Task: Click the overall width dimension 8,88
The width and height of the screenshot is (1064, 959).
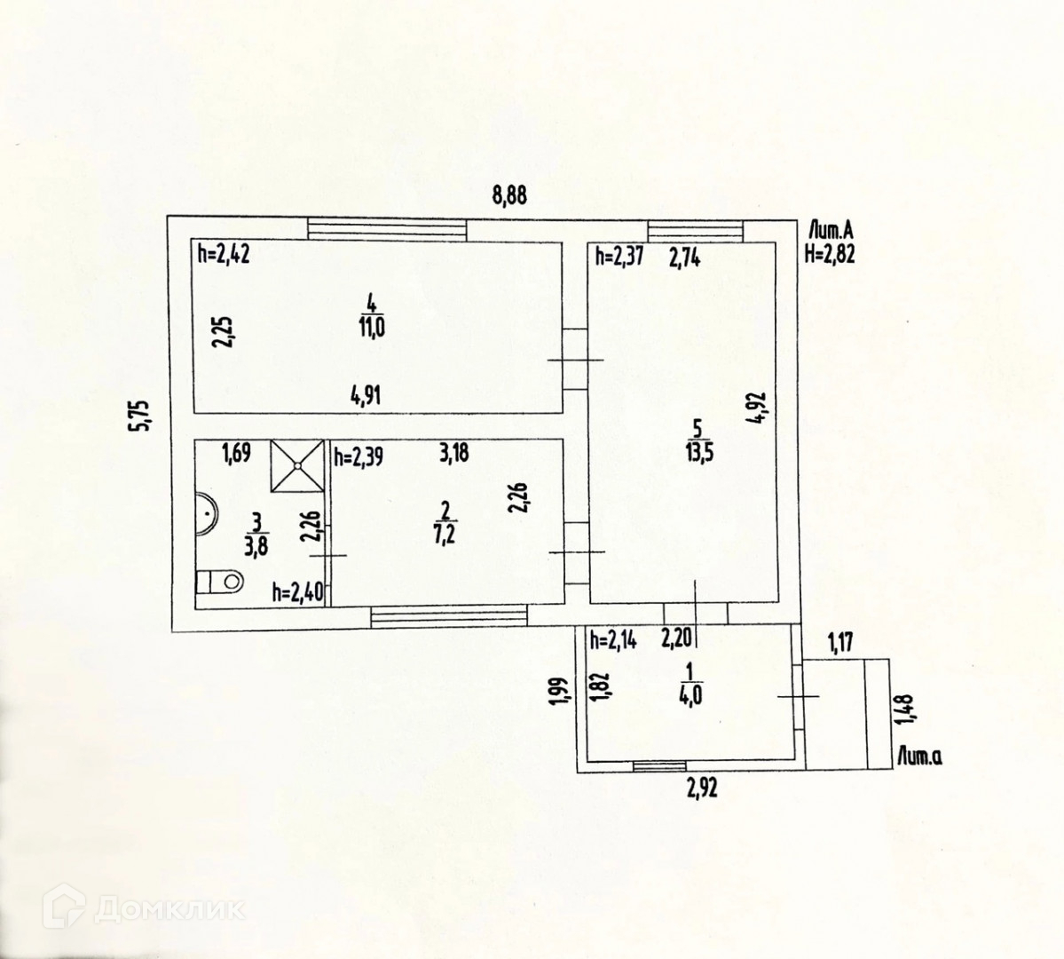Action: [x=509, y=195]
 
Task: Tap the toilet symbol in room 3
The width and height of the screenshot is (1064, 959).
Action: [x=221, y=582]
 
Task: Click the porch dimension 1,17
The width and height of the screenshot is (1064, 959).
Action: [x=839, y=640]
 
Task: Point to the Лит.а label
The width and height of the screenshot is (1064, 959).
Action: [x=919, y=757]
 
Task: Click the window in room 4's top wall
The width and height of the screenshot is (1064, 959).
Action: [x=387, y=228]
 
